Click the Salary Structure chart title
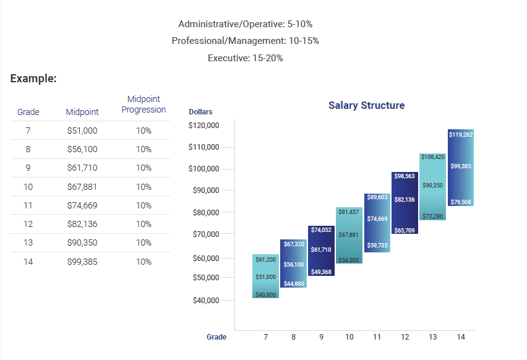366,105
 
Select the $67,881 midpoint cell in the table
82,187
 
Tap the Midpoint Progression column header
144,105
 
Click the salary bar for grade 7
265,276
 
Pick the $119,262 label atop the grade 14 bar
461,134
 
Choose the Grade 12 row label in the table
28,224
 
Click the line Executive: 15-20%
245,58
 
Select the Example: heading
33,79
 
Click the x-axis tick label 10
349,337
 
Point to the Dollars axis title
200,112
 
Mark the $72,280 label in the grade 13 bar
432,216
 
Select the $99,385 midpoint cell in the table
82,262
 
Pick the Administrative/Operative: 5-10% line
245,24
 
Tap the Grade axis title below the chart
216,337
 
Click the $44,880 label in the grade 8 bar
293,283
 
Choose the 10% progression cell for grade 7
144,131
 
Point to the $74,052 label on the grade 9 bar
321,230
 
